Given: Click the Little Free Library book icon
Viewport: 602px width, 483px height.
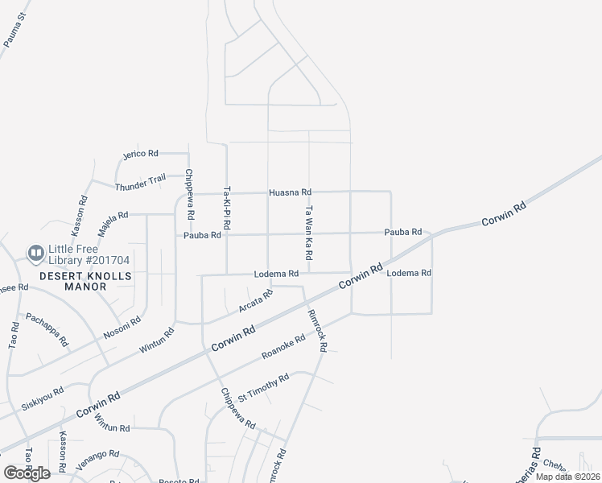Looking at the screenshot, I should click(35, 254).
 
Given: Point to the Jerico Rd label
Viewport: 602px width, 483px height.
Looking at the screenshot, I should click(140, 153).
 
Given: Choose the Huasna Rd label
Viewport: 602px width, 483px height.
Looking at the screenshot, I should click(290, 192).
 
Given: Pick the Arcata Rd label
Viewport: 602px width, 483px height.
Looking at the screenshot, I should click(256, 302).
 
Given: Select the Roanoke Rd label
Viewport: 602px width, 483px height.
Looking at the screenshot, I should click(283, 347).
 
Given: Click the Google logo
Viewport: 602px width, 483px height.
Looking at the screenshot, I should click(27, 473).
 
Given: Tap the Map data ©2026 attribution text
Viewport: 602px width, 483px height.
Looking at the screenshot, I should click(567, 477).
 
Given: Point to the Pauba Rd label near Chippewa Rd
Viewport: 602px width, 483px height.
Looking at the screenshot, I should click(202, 235).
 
